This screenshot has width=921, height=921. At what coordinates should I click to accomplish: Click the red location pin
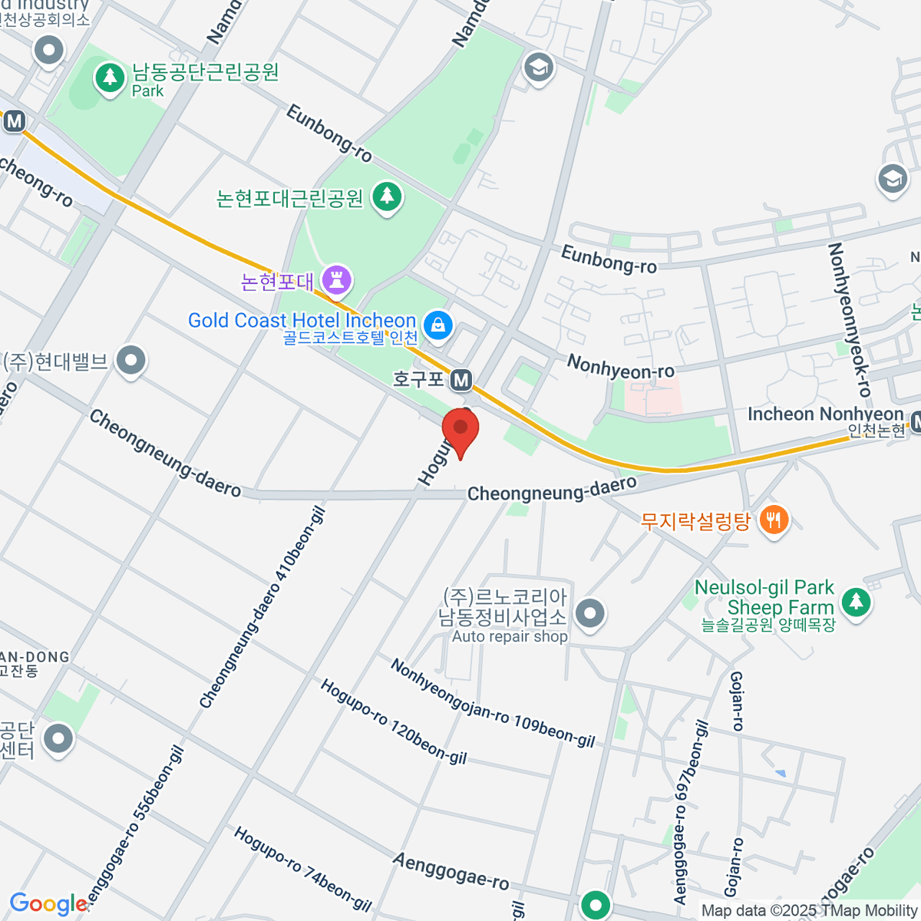tap(460, 430)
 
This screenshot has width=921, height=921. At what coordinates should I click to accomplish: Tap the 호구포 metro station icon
tap(461, 379)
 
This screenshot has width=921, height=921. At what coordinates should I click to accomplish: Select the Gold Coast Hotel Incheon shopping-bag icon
tap(437, 325)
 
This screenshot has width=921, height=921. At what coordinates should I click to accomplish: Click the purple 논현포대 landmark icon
tap(336, 279)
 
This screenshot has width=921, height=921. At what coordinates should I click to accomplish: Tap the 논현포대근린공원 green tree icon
tap(388, 197)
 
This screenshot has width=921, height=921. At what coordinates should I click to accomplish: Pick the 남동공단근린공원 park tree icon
tap(111, 77)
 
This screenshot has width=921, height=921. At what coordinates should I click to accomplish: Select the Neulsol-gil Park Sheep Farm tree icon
tap(857, 602)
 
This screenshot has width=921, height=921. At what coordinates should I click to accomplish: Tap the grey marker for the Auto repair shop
tap(590, 614)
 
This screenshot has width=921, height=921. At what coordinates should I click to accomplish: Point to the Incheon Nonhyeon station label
tap(825, 414)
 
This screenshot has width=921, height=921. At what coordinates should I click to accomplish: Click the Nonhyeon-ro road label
tap(620, 366)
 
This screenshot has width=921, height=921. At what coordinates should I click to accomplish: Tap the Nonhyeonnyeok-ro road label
tap(849, 319)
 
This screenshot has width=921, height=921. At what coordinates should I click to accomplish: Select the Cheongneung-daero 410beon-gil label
tap(262, 608)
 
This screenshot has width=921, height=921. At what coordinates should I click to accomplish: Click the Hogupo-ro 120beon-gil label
tap(393, 721)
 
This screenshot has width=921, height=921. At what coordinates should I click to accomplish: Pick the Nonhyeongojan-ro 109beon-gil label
tap(492, 703)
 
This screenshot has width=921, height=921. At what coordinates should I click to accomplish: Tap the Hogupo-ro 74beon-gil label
tap(302, 867)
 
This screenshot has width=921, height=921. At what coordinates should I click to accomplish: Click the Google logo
tap(48, 904)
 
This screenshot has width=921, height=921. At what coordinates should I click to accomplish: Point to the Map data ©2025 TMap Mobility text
tap(809, 910)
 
